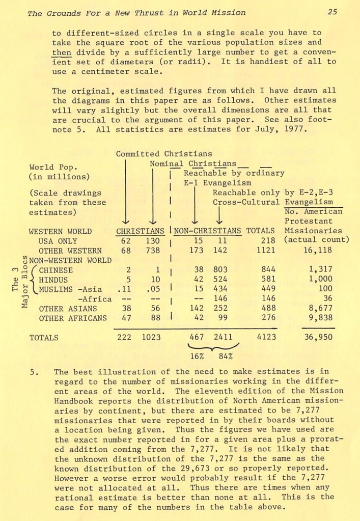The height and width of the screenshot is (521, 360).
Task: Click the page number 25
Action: click(x=332, y=12)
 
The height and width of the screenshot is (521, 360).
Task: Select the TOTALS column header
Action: click(x=260, y=231)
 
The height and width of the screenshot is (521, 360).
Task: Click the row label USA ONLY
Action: click(x=58, y=241)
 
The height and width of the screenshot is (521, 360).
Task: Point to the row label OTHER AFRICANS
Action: click(x=73, y=318)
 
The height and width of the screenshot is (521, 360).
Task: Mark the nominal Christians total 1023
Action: click(x=153, y=337)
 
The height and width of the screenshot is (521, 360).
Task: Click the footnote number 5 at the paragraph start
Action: click(x=33, y=372)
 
